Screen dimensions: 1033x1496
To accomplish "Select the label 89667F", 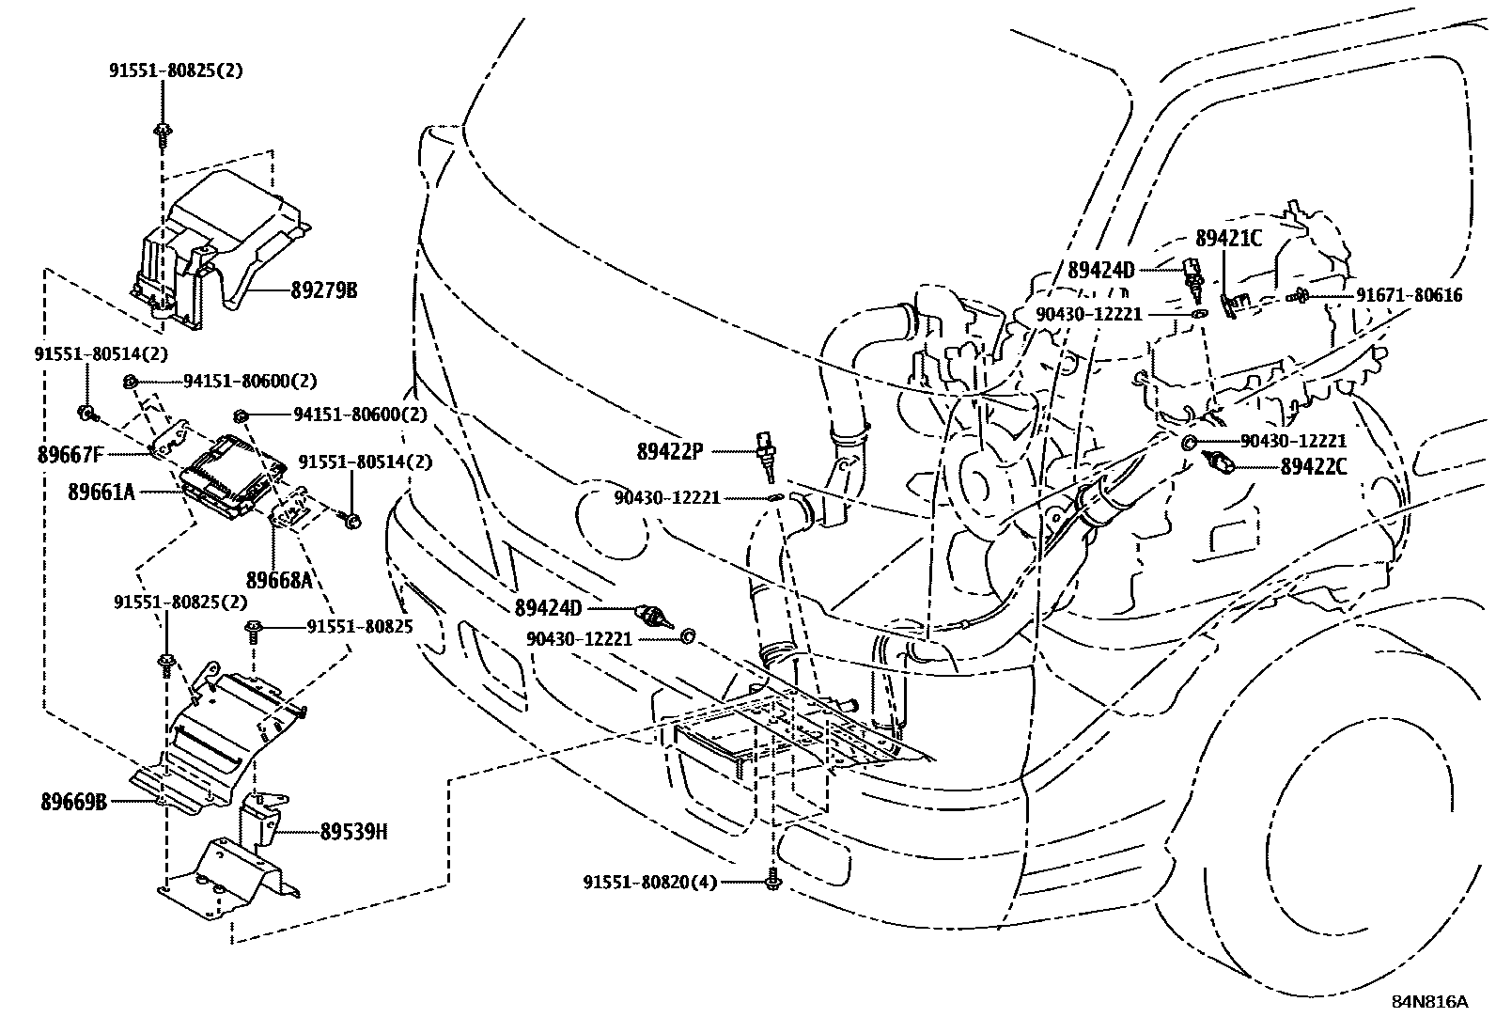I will pos(70,455).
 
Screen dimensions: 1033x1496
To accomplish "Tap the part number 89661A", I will pos(101,491).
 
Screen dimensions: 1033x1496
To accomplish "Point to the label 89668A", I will pos(279,580).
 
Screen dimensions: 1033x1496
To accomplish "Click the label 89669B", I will pos(73,803).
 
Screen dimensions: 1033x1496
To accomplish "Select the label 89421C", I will pos(1228,239).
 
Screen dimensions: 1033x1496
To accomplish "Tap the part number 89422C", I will pos(1313,466).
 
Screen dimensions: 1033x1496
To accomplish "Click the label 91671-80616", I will pos(1409,295).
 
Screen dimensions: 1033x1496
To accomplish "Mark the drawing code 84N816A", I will pos(1429,1001).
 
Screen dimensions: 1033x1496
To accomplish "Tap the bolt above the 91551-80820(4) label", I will pos(772,880).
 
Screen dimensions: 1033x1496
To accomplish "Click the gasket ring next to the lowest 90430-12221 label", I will pos(687,637).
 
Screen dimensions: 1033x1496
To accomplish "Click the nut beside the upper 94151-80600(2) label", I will pos(131,381).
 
